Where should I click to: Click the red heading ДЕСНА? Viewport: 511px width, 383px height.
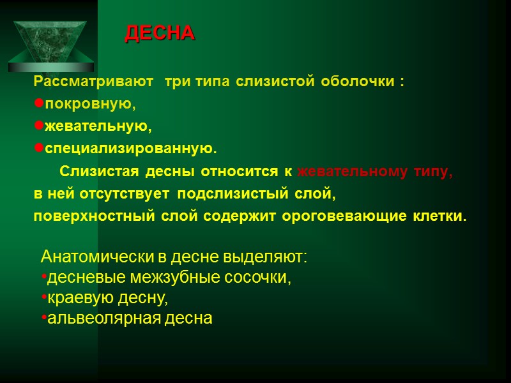[x=159, y=33]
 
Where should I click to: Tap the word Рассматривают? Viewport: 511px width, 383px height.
[x=94, y=82]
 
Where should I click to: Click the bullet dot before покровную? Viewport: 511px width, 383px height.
[x=38, y=103]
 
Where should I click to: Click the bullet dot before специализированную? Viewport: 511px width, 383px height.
[x=38, y=149]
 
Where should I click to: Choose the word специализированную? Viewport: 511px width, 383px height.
[x=130, y=149]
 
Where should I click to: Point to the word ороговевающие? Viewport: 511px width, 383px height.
[x=350, y=216]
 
